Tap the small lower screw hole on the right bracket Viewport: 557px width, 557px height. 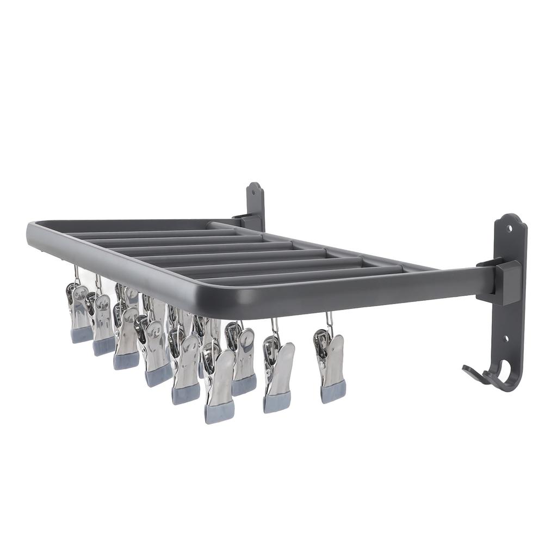click(x=506, y=339)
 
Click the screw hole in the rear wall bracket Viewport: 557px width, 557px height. click(x=253, y=191)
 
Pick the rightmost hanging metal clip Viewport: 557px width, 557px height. click(x=330, y=362)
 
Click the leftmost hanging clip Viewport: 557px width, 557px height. click(x=79, y=313)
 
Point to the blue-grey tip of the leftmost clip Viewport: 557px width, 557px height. click(x=82, y=335)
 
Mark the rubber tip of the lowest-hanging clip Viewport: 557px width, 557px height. click(x=219, y=413)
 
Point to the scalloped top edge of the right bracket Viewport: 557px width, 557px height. click(x=511, y=218)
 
